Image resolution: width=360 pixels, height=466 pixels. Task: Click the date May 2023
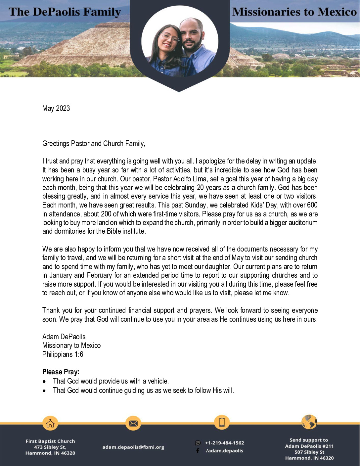coord(56,109)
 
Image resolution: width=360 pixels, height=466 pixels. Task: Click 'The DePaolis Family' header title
coord(65,12)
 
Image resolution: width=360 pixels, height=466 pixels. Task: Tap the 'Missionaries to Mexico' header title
coord(294,12)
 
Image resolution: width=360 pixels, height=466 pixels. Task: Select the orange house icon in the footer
coord(50,423)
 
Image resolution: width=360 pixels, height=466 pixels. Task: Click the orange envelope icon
coord(133,423)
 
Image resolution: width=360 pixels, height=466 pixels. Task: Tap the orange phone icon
coord(222,422)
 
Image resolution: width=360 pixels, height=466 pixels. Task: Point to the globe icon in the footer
coord(309,422)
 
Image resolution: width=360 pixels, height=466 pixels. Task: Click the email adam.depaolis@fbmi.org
coord(133,447)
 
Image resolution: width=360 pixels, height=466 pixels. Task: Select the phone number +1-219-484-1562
coord(224,443)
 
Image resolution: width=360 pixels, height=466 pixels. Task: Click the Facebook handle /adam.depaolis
coord(224,451)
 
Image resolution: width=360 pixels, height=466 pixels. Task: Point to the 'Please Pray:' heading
coord(61,372)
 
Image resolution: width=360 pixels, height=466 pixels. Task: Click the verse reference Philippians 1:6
coord(63,354)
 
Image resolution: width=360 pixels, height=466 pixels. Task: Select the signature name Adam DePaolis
coord(64,337)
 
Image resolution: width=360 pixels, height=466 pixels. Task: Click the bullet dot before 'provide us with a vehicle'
coord(44,382)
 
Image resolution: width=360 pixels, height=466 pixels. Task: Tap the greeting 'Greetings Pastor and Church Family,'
coord(94,144)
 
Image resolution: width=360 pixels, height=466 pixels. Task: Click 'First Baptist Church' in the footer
coord(50,441)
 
